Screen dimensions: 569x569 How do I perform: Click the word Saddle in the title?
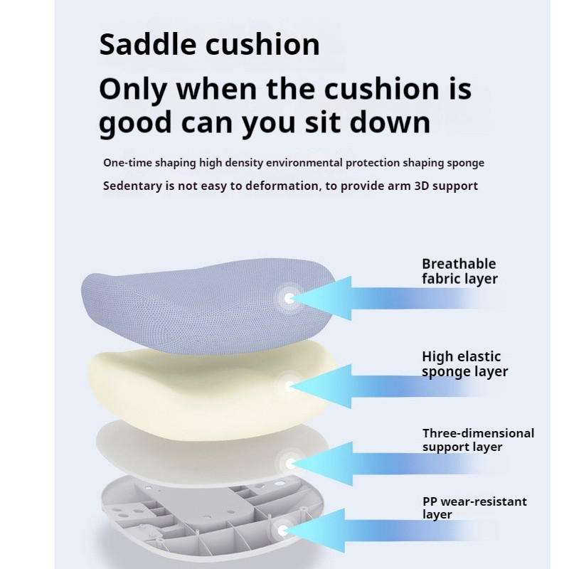(x=147, y=44)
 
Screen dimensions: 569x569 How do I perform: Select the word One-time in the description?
(x=127, y=163)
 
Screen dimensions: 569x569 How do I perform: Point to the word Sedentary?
(x=132, y=186)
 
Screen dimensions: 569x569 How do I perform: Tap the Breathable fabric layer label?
(x=459, y=271)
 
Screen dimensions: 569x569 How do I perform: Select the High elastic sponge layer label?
(x=465, y=364)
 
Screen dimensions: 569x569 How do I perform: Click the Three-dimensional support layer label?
(x=478, y=440)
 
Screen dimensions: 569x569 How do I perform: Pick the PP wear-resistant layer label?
(x=474, y=508)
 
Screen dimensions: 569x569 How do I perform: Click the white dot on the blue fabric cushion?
(x=289, y=299)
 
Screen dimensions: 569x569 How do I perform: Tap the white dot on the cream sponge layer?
(x=289, y=385)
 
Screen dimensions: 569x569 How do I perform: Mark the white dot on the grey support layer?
(x=290, y=464)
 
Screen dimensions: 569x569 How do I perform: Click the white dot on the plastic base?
(x=283, y=531)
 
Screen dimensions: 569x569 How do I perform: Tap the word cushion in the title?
(x=262, y=44)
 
